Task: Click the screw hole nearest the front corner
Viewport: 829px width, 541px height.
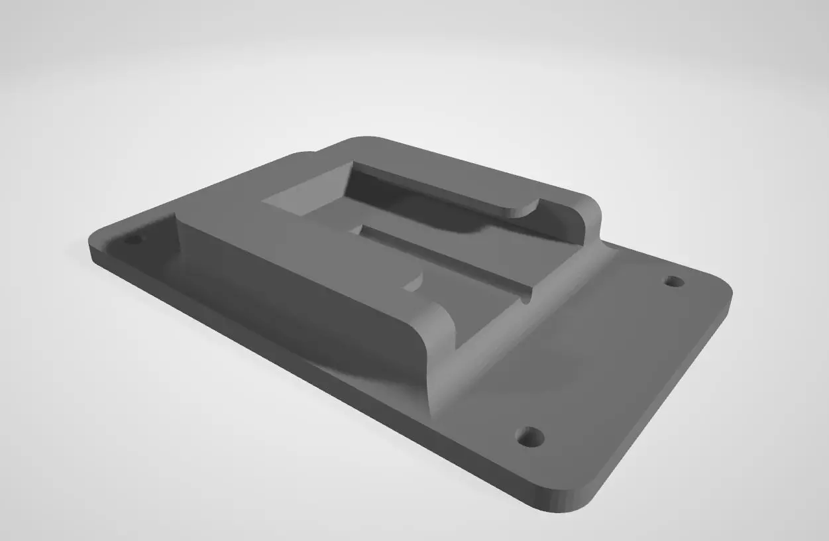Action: click(x=530, y=437)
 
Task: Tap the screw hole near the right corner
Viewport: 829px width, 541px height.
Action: click(x=674, y=281)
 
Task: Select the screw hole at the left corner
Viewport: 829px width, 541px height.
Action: click(x=133, y=238)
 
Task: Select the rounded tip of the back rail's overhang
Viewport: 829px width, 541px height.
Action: click(x=524, y=210)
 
